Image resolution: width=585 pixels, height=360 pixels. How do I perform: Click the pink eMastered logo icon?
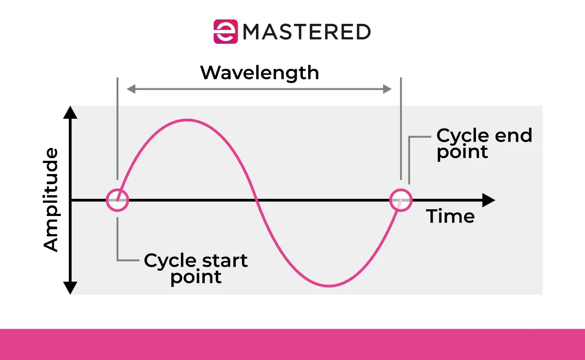coord(226,31)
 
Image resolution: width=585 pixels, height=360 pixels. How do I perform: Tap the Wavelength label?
coord(260,73)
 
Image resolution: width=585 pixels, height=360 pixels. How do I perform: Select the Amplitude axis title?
coord(52,200)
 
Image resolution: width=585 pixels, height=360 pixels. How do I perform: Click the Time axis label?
coord(450,216)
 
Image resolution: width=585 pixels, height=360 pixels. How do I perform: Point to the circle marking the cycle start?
coord(117,201)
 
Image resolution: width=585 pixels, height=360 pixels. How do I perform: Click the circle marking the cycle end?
coord(401,200)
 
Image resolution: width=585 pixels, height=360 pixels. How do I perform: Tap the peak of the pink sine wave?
coord(188,120)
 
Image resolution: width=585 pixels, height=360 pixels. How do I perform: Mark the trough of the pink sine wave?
coord(329,286)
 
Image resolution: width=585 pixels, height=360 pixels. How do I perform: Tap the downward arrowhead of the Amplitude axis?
coord(71,288)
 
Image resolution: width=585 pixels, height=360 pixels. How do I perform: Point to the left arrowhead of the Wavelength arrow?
coord(131,89)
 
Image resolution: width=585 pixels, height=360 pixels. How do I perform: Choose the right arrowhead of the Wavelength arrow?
coord(387,89)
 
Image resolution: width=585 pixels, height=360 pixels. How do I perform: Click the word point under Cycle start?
coord(196,278)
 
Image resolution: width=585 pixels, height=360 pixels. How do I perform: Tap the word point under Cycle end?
coord(462,152)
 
